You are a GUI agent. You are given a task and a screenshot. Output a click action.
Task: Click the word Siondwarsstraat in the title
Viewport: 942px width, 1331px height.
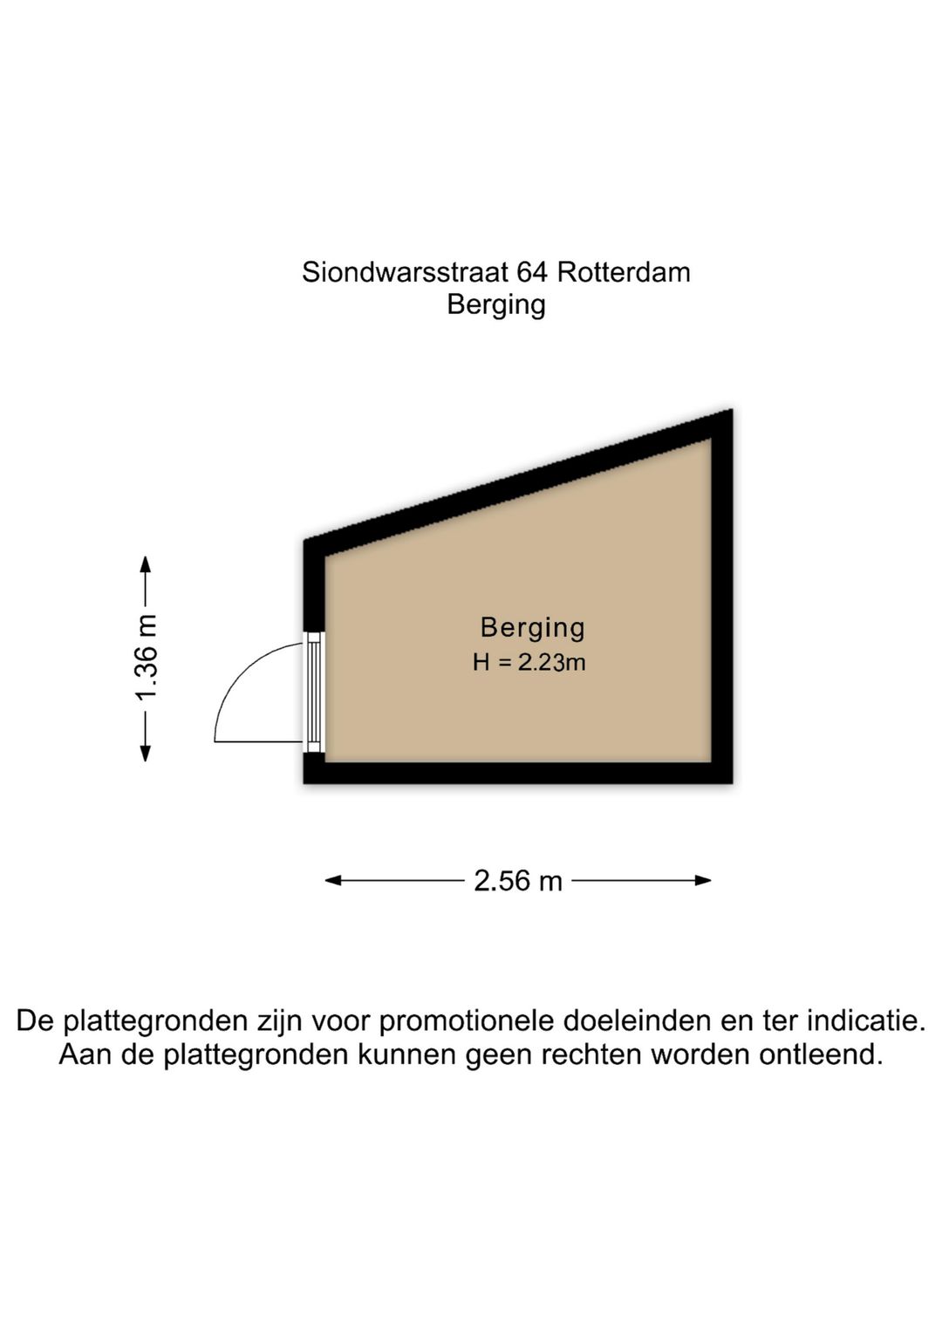tap(405, 273)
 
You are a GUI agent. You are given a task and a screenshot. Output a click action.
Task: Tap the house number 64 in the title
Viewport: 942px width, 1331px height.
tap(533, 273)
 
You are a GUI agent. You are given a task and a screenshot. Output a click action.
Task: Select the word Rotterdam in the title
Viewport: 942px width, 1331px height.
tap(624, 273)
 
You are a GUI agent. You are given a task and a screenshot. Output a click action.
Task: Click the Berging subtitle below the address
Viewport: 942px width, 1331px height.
tap(496, 305)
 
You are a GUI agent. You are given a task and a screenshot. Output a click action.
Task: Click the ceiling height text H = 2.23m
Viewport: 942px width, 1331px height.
tap(529, 662)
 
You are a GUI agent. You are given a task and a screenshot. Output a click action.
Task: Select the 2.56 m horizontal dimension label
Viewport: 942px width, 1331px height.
tap(517, 881)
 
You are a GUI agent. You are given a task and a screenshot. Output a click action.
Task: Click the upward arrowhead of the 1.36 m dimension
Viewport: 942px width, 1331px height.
tap(145, 563)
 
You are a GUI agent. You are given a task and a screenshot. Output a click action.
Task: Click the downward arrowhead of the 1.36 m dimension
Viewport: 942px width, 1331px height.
tap(145, 753)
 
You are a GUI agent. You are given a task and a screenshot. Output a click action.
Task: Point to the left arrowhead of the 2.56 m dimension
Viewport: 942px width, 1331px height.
tap(333, 880)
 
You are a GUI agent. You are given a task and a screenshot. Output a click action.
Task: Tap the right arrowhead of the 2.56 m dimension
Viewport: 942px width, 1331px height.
tap(703, 880)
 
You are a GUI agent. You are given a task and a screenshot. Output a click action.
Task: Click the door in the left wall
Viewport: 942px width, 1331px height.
tap(314, 693)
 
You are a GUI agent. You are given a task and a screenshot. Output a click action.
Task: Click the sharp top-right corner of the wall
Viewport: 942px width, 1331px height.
tap(732, 409)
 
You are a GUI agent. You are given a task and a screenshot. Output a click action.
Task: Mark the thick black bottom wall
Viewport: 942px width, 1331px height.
tap(517, 773)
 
